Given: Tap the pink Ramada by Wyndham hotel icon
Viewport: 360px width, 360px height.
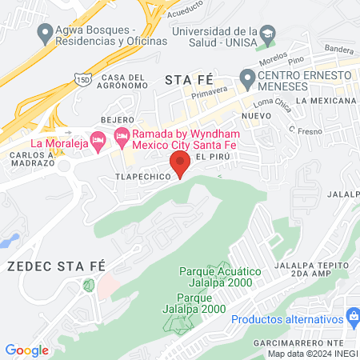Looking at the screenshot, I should tap(122, 134).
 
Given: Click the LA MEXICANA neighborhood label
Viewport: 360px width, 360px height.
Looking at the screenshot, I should tap(325, 101).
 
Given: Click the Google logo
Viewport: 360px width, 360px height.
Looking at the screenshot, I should tap(26, 350).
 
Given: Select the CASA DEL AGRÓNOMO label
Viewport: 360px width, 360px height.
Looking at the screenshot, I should tap(124, 82).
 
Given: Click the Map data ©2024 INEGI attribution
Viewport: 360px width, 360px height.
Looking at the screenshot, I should tap(312, 354).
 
